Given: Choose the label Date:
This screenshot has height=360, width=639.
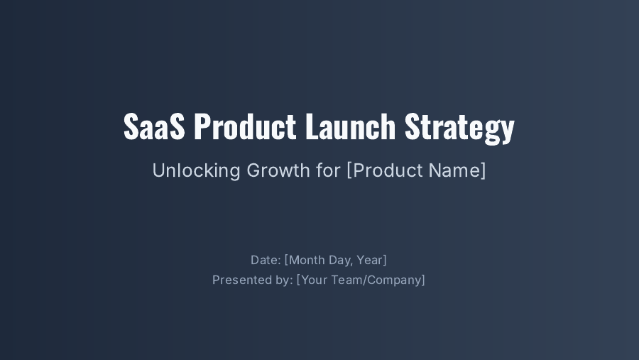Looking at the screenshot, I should pyautogui.click(x=266, y=260).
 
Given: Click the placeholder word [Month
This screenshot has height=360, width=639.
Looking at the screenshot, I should pyautogui.click(x=305, y=261).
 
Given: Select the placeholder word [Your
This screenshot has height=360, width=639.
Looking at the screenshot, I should pyautogui.click(x=312, y=280).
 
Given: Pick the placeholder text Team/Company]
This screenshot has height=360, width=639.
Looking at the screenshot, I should pyautogui.click(x=378, y=280).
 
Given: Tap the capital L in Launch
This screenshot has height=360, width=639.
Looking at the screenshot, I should pyautogui.click(x=310, y=127).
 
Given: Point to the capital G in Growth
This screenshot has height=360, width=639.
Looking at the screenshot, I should pyautogui.click(x=253, y=170).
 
